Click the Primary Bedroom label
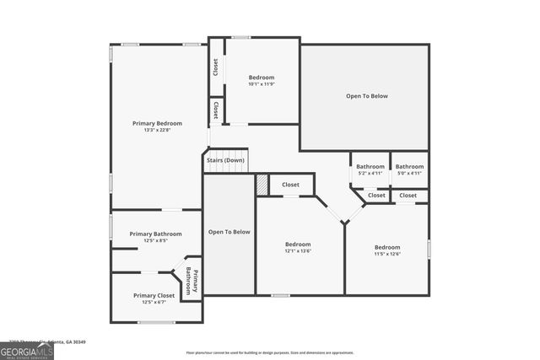[157, 123]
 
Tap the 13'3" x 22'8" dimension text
[157, 131]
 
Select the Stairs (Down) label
[225, 160]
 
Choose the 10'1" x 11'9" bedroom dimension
[262, 84]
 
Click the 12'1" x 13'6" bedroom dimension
[298, 251]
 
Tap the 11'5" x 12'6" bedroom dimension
[387, 254]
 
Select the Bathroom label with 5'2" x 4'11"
[370, 166]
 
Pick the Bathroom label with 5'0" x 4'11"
[409, 166]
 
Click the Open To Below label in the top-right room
[367, 96]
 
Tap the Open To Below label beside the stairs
[229, 232]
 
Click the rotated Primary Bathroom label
[192, 280]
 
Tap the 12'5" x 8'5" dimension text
[155, 240]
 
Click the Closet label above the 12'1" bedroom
[290, 185]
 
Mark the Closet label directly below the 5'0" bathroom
[408, 196]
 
